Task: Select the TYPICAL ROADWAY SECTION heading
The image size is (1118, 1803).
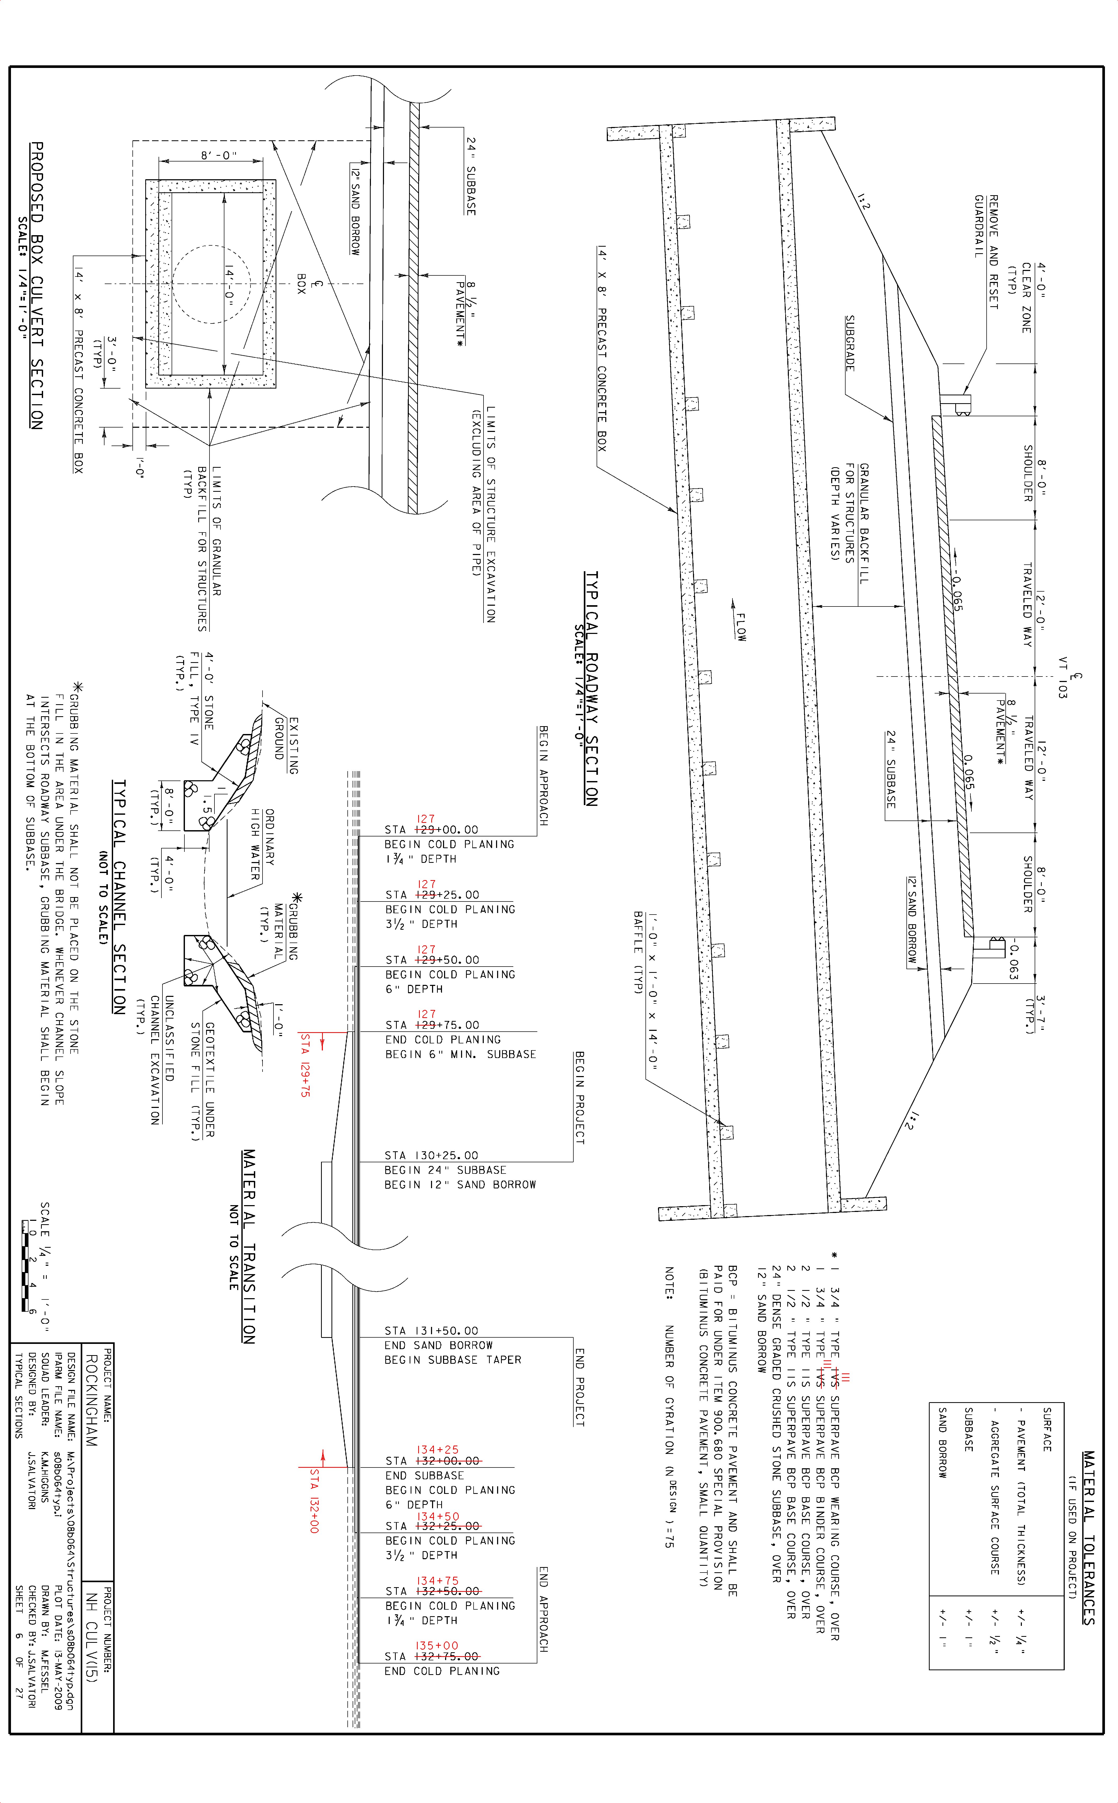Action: tap(592, 688)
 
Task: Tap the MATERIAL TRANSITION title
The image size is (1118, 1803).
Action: tap(249, 1246)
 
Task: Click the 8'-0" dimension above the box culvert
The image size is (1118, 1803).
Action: tap(219, 155)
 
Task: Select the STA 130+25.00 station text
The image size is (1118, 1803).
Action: tap(432, 1155)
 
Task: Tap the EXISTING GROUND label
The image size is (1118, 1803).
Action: tap(286, 746)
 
